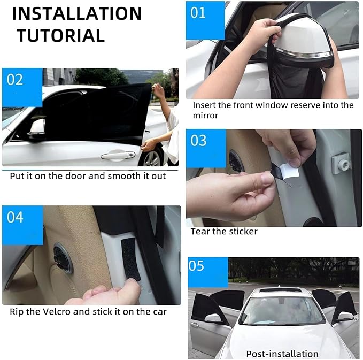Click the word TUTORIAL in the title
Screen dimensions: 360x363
point(60,36)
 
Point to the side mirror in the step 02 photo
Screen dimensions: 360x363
point(36,128)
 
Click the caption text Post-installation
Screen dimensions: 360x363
point(282,354)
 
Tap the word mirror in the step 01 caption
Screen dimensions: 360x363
point(205,116)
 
